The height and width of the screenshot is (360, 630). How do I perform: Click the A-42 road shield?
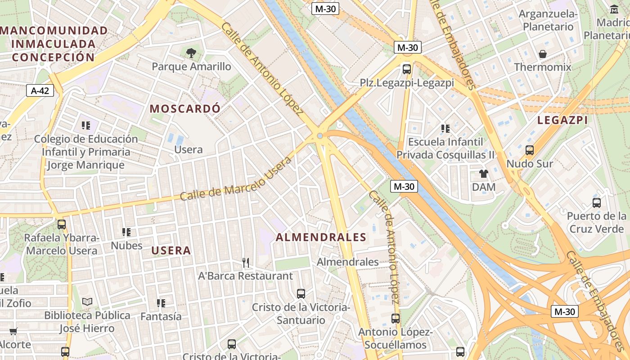coord(40,90)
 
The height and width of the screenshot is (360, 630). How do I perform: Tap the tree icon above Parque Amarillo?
coord(191,53)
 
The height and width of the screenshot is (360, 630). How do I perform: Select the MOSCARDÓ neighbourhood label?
coord(185,108)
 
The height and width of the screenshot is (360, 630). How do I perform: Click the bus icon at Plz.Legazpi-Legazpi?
coord(407,69)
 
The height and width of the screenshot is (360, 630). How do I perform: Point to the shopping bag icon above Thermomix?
coord(543,54)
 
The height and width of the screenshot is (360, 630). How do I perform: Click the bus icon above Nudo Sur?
coord(530,150)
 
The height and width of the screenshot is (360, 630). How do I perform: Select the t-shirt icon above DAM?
coord(484,173)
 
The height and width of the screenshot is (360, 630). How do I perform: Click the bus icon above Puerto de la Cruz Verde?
coord(596,202)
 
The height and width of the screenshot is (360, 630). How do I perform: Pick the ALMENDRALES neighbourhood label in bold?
coord(321,237)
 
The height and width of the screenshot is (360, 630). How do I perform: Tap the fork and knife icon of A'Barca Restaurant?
coord(246,262)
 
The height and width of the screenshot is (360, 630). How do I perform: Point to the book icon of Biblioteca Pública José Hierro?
coord(87,301)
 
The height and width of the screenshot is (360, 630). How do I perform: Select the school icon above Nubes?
coord(126,232)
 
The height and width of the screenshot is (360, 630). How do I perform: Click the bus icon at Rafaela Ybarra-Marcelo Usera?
coord(61,224)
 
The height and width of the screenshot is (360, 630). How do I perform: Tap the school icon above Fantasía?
coord(161,303)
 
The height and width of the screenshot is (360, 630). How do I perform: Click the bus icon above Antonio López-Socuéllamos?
coord(395,319)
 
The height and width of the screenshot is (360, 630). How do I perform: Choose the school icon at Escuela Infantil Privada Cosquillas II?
coord(445,129)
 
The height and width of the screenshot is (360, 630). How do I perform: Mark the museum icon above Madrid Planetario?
coord(614,9)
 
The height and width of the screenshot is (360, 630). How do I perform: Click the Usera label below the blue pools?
coord(188,149)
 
